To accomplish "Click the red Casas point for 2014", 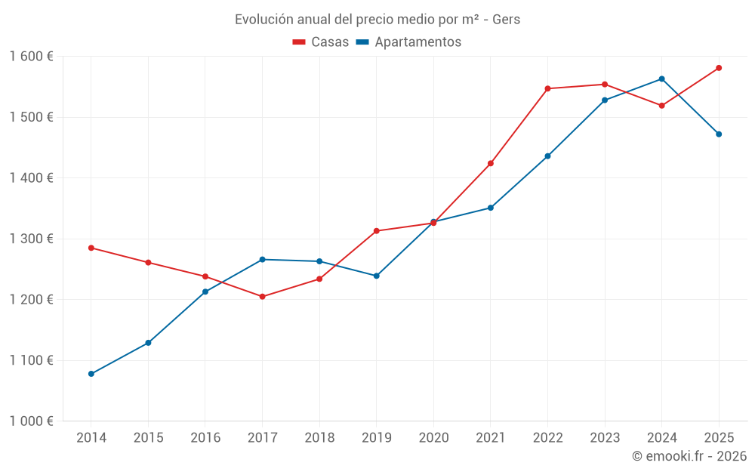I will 91,248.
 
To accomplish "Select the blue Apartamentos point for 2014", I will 91,374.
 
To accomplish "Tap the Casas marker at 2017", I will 263,297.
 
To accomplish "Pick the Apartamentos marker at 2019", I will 377,276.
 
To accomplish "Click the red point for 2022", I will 548,88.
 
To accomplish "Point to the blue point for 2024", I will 662,79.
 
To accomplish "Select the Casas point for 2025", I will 719,68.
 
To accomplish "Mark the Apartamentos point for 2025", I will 719,134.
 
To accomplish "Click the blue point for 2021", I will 491,208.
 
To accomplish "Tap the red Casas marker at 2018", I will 319,279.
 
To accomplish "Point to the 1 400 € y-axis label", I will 31,178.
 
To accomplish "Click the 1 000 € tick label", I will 31,421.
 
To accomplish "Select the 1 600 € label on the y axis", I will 31,57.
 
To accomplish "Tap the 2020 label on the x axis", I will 433,438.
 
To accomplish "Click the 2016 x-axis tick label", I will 205,438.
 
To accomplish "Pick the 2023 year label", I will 605,438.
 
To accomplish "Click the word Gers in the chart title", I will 506,20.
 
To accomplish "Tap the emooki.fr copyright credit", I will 689,456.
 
